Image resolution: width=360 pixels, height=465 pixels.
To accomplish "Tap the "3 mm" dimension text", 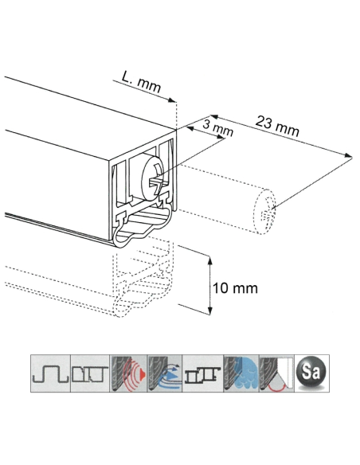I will pyautogui.click(x=217, y=127).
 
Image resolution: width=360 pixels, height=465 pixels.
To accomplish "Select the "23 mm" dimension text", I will pyautogui.click(x=277, y=125).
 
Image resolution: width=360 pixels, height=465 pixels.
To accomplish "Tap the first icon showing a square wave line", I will pyautogui.click(x=50, y=372).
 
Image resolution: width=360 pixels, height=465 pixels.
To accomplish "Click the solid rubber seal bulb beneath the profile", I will pyautogui.click(x=143, y=232).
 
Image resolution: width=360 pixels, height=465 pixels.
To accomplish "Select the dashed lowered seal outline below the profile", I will pyautogui.click(x=143, y=295).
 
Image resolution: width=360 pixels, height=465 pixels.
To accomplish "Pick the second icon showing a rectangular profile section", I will pyautogui.click(x=87, y=372).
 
